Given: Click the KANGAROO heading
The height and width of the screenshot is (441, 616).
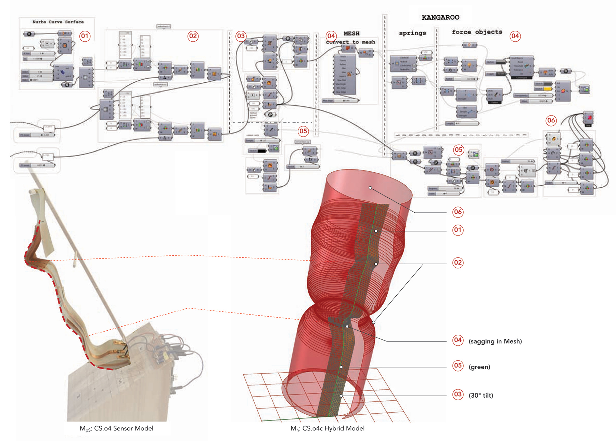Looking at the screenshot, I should coord(440,17).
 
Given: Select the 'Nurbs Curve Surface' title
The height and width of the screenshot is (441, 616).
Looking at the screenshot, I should coord(58,22).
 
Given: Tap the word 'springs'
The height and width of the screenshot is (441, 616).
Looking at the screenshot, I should coord(412,33).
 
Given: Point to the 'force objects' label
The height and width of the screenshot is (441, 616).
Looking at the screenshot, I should coord(477,32).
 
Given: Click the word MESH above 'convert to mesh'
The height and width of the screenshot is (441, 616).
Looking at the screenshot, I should coord(351,34).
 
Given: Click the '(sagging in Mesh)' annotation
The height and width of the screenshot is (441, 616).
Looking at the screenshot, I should coord(495,341).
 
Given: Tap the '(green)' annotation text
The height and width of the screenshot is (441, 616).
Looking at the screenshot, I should coord(479,367).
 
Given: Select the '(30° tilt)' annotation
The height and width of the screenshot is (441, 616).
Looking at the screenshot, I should coord(481,396).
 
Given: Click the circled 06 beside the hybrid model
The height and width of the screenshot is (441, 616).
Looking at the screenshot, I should coord(458,212).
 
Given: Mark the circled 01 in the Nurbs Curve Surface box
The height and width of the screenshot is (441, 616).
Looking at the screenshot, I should coord(85,36).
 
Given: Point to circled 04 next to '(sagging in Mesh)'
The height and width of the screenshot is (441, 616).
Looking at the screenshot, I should coord(458,340).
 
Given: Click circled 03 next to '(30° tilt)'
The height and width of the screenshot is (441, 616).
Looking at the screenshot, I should coord(458,395).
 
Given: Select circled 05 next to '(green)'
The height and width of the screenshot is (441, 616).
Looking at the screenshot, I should coord(458,366).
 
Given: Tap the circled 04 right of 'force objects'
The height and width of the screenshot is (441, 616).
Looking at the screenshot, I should coord(515,36).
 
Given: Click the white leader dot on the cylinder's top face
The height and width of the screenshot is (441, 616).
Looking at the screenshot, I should coord(370,188).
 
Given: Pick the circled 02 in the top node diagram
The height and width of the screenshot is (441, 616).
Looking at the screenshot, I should coord(193,36).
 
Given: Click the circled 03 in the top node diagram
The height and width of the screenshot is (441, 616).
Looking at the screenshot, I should coord(241,36).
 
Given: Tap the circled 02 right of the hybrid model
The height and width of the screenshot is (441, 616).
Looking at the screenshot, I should coord(458,263).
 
